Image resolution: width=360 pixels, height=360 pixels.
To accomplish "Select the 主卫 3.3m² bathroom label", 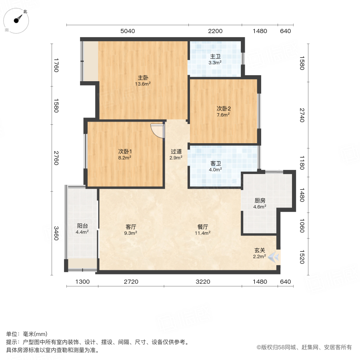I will (x=215, y=60).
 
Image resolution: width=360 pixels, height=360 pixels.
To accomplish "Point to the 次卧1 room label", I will (x=125, y=154).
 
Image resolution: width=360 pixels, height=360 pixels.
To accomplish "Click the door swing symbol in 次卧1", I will (x=158, y=130).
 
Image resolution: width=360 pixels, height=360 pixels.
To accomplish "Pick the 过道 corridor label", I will (x=176, y=154).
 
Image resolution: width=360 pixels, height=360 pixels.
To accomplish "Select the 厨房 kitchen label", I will (x=260, y=204).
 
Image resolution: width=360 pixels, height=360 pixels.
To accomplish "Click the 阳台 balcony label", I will (x=82, y=228).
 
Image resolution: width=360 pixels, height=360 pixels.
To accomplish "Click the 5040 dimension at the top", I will (x=128, y=31).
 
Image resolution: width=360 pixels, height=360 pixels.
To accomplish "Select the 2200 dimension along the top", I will (x=215, y=31).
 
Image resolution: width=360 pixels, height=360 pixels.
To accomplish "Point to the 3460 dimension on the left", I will (x=56, y=233).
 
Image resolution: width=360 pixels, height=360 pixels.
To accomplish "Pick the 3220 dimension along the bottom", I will (x=203, y=282).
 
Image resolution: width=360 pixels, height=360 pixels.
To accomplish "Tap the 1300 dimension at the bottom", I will (x=82, y=282).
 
